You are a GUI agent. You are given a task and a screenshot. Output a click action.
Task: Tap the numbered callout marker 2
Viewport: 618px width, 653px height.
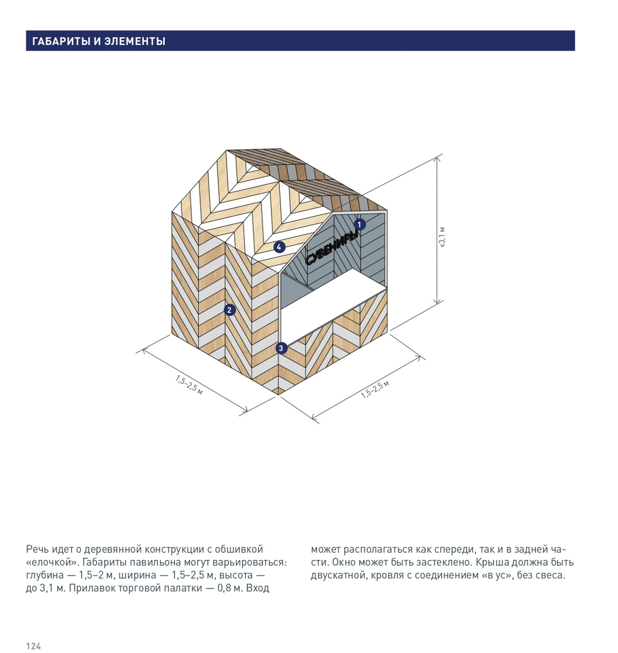point(229,310)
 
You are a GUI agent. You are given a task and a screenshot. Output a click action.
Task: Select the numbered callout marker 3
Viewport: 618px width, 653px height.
point(281,348)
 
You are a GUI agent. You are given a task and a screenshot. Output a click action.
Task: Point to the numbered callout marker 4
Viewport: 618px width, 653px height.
point(279,247)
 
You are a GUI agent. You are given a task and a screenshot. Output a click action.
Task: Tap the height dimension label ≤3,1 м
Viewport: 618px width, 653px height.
point(441,237)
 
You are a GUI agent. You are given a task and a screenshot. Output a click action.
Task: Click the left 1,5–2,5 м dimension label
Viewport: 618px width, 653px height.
point(189,385)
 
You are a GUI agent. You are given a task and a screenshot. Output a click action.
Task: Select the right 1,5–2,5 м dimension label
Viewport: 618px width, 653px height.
point(374,389)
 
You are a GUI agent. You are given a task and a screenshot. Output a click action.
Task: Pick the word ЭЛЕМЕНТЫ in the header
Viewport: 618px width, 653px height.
point(135,41)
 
